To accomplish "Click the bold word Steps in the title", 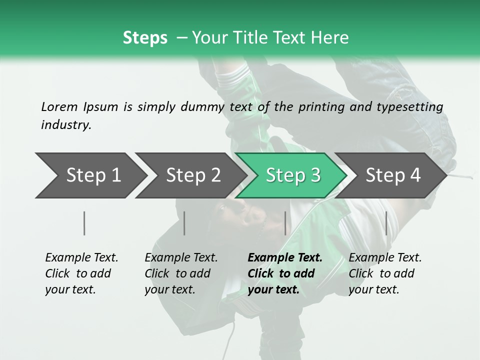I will pos(145,38).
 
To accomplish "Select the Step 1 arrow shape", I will pos(90,175).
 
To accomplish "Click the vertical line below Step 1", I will pos(84,223).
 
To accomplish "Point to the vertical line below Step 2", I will pos(184,223).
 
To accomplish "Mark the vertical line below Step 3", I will pos(285,223).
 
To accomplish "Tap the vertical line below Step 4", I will pos(386,223).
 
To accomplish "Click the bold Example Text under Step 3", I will pos(284,273).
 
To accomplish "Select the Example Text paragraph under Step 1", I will pos(81,273).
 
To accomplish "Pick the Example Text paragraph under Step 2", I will pos(181,273).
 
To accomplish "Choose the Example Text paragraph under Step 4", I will pos(385,273).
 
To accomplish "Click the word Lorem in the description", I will pos(59,107).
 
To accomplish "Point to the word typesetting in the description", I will pos(415,107).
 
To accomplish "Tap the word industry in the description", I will pos(65,125).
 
